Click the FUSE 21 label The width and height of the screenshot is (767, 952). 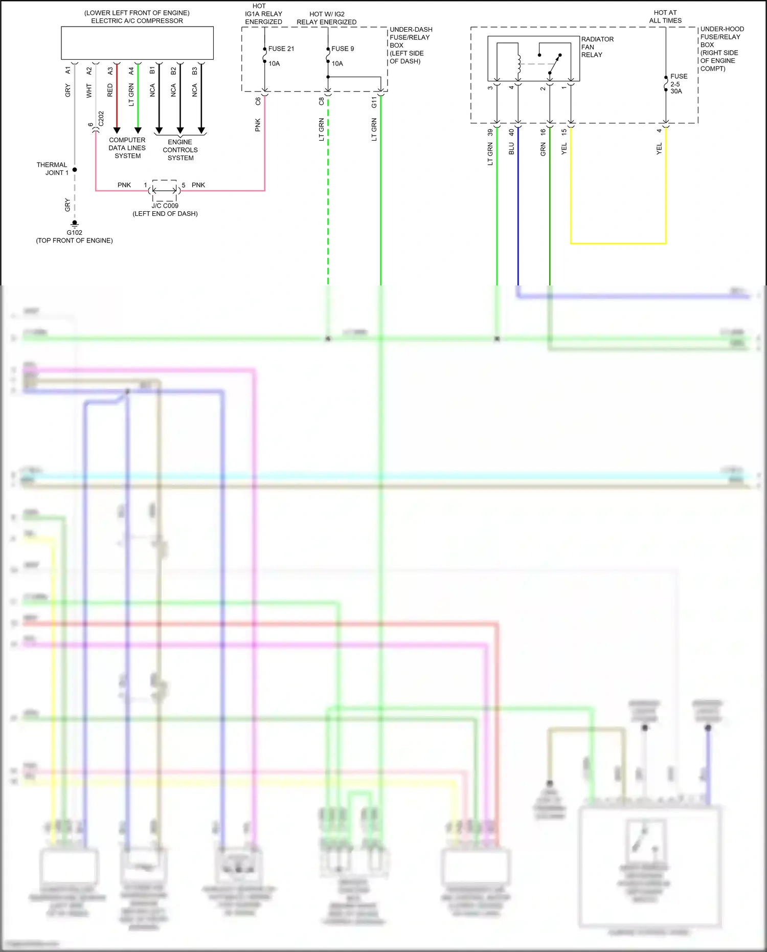[281, 49]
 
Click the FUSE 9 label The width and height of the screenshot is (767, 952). [343, 49]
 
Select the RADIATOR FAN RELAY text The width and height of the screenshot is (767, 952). [597, 47]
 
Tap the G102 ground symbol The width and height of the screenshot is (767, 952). [75, 224]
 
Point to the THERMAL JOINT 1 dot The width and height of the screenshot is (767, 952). [75, 169]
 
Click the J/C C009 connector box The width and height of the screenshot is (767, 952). [165, 190]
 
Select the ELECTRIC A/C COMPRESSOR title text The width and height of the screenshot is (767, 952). [137, 21]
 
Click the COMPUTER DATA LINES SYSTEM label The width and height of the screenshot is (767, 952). [127, 148]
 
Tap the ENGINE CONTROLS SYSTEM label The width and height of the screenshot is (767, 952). [180, 150]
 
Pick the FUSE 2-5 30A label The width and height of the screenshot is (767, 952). [679, 84]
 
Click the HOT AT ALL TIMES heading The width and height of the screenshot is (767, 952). [665, 16]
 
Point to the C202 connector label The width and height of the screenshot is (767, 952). [101, 119]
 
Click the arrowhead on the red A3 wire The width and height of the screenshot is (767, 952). [117, 130]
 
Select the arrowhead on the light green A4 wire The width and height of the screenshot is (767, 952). [138, 130]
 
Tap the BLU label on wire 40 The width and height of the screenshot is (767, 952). [511, 149]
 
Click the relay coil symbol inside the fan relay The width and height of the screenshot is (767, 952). [518, 63]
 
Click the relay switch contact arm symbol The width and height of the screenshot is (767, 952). [554, 64]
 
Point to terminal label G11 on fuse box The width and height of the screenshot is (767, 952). [374, 102]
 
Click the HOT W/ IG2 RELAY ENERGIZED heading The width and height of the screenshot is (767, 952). [327, 18]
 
